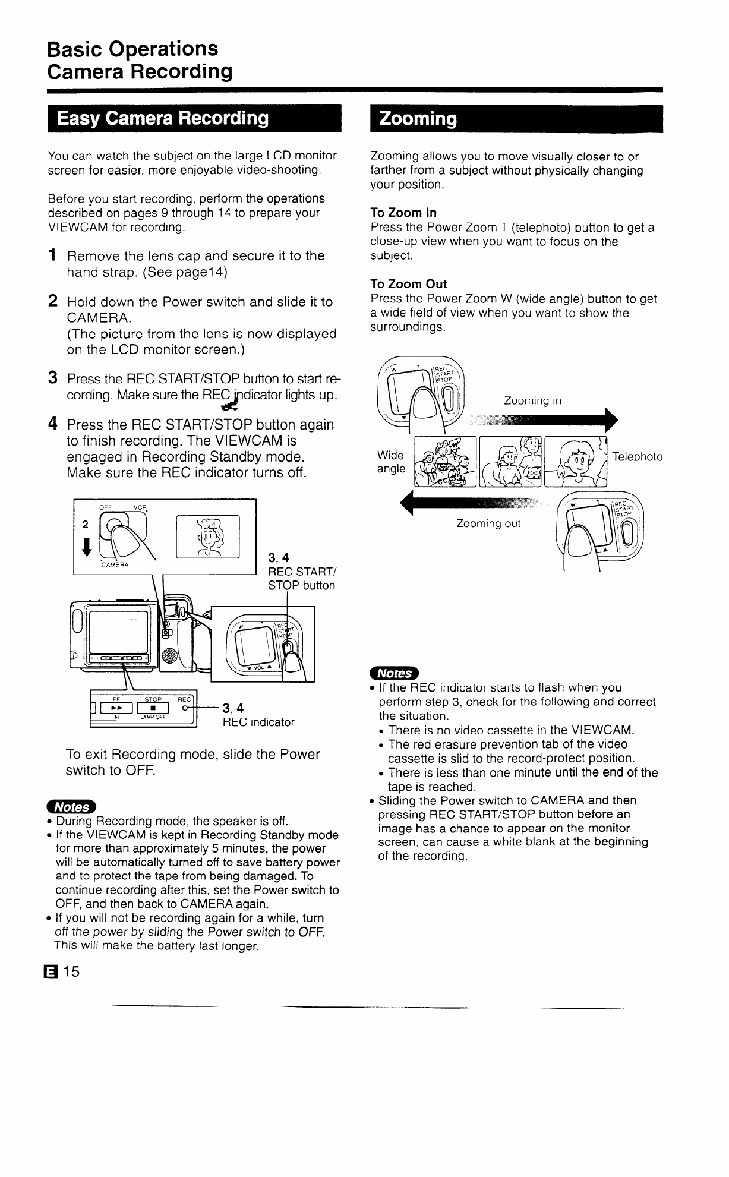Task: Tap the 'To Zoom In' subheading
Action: (x=403, y=213)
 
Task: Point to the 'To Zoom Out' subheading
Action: (x=408, y=284)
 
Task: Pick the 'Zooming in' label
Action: (x=532, y=400)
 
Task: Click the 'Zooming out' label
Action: (x=488, y=523)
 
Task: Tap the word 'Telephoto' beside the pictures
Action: (x=637, y=457)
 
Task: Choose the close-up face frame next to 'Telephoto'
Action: (x=576, y=461)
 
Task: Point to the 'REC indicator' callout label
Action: (x=258, y=722)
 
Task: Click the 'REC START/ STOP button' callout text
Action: (x=301, y=579)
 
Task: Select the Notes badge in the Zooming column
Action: (x=394, y=673)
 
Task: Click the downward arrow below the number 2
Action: (x=87, y=547)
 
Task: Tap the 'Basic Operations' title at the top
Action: (x=132, y=49)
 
